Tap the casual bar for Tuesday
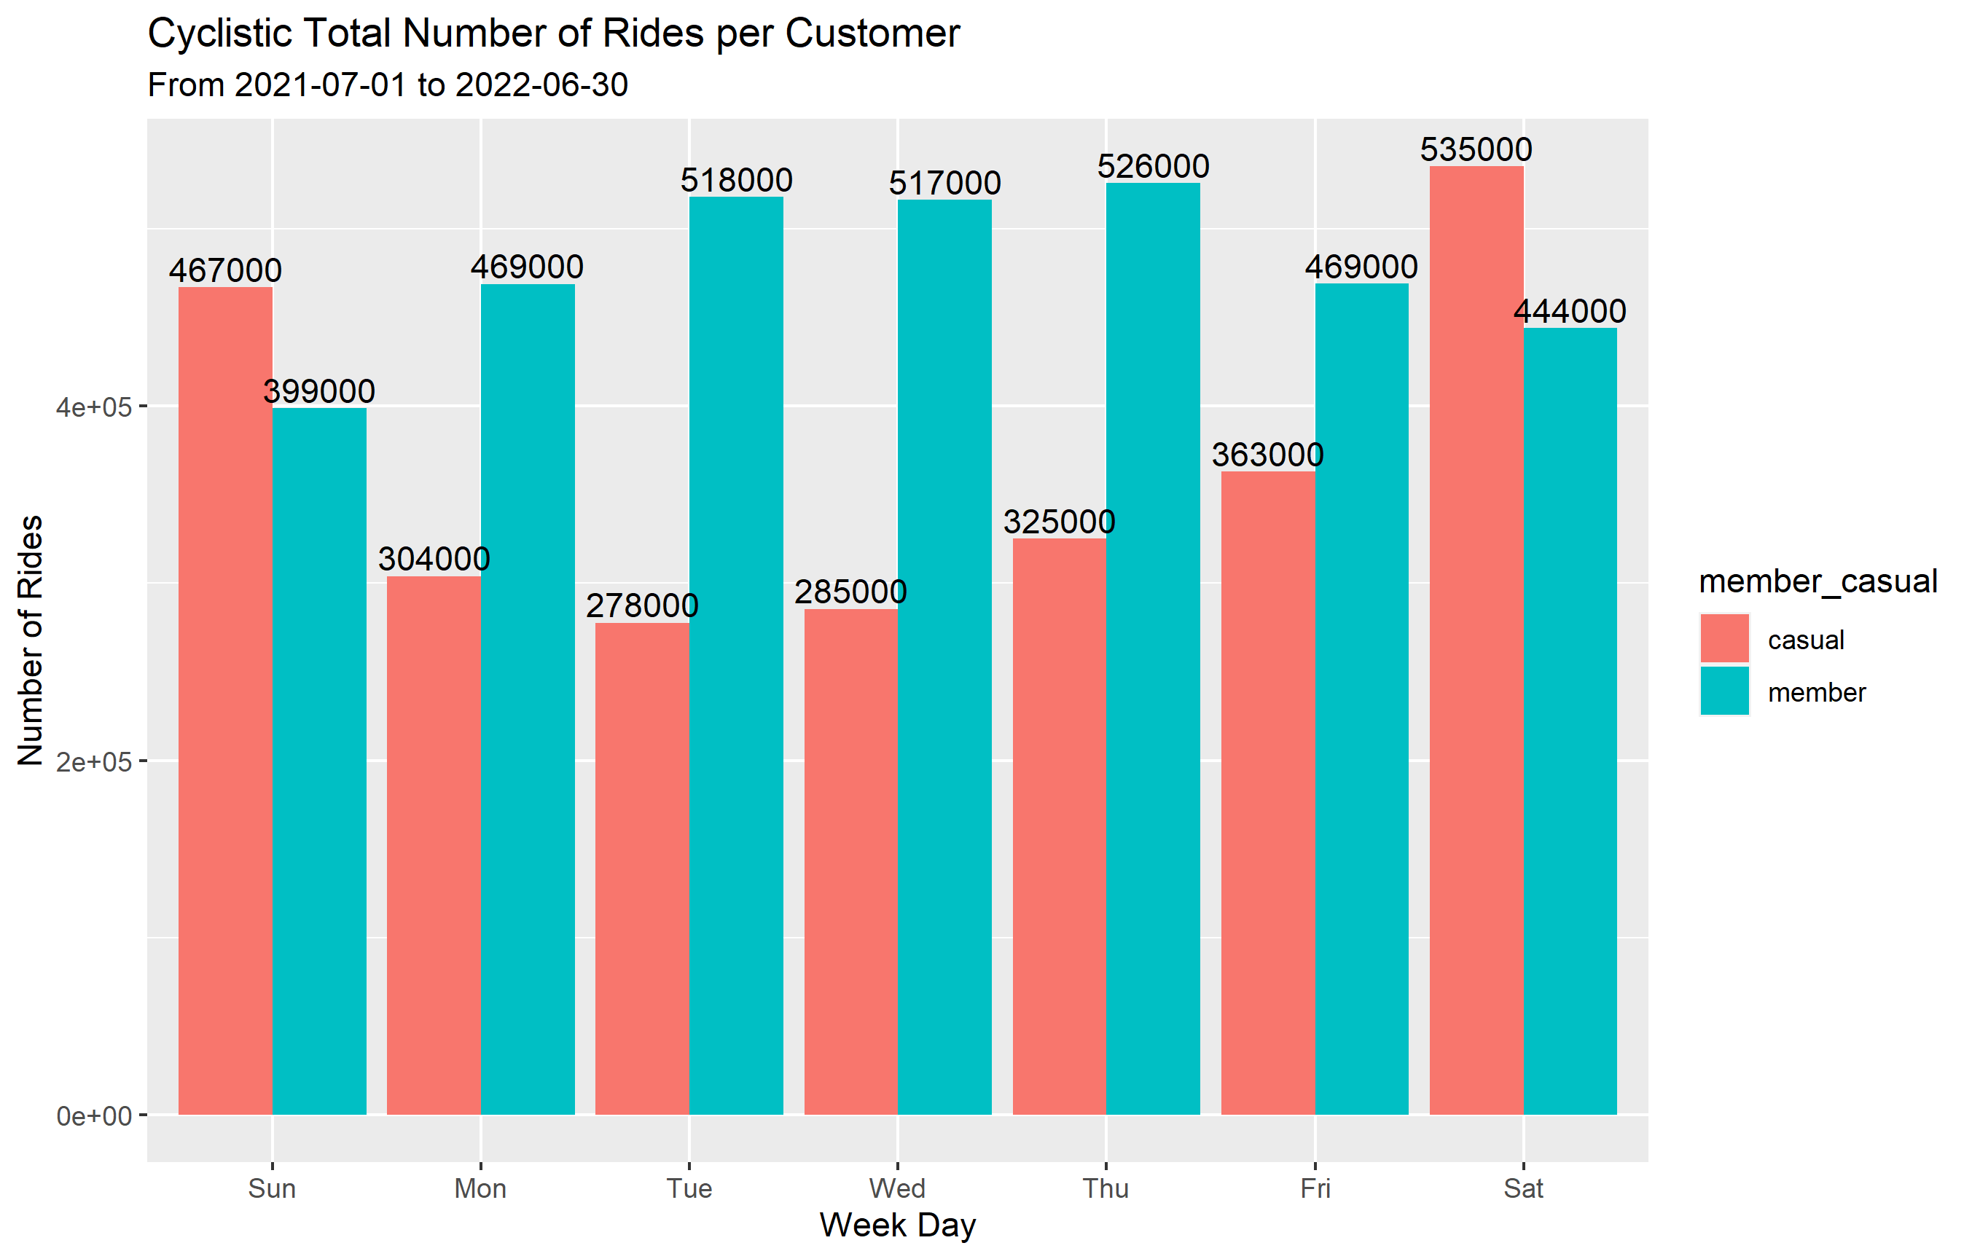(x=642, y=868)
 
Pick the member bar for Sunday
(x=319, y=761)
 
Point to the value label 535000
(x=1476, y=150)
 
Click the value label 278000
(x=642, y=605)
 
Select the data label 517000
(x=945, y=184)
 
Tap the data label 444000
(x=1569, y=312)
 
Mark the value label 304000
(x=434, y=559)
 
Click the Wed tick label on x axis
(x=898, y=1188)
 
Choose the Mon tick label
(x=481, y=1188)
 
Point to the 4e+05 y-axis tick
(x=93, y=407)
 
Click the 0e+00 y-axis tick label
(x=93, y=1115)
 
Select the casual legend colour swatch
(x=1724, y=638)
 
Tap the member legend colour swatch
(x=1724, y=691)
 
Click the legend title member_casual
(x=1818, y=581)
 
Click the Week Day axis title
(x=898, y=1225)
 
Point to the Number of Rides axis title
(x=31, y=640)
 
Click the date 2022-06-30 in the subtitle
(x=541, y=85)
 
